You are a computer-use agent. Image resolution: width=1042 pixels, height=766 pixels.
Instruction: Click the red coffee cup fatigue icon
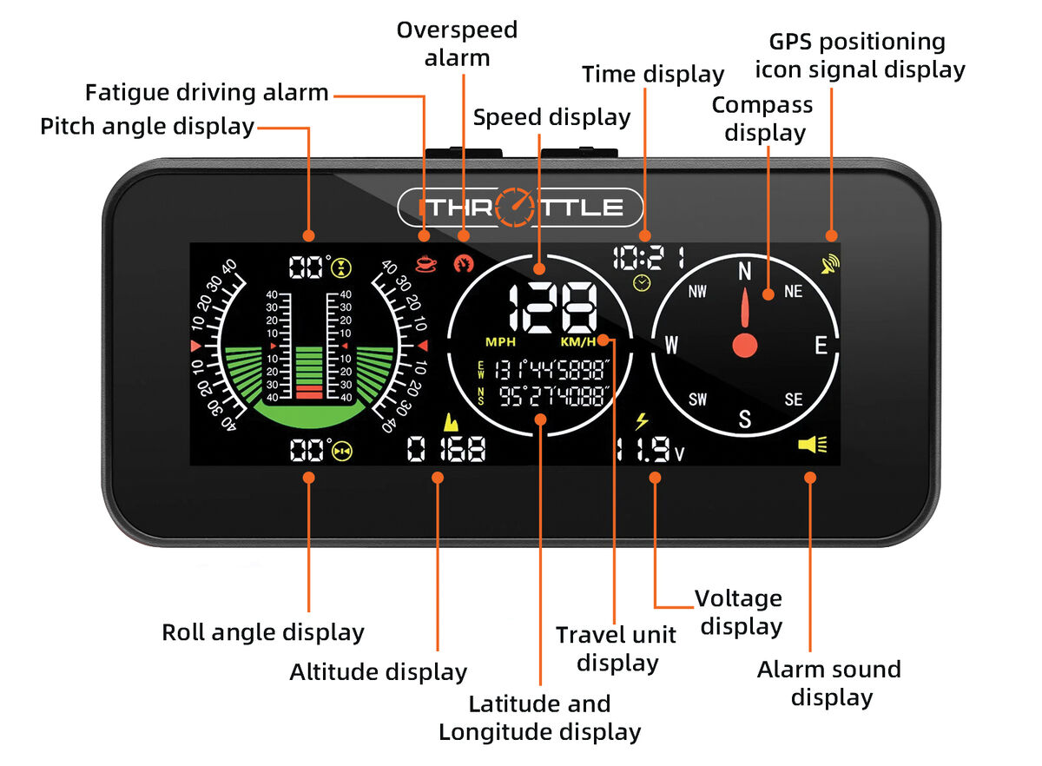point(426,264)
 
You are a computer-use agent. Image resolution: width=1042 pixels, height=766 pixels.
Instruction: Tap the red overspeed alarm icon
point(464,264)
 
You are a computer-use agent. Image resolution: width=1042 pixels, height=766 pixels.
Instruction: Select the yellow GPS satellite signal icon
point(830,264)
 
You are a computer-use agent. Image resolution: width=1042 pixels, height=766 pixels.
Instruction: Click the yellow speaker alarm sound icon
point(813,445)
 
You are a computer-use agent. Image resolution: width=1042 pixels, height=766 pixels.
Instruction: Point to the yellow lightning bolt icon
point(642,421)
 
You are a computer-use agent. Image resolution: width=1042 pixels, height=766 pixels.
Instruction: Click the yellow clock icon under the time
point(642,283)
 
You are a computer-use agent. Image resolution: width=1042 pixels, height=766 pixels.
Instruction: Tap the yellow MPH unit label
point(500,342)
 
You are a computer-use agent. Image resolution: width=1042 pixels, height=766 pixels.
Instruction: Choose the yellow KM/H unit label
point(578,342)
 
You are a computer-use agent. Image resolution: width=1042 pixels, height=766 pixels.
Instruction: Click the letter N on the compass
point(745,271)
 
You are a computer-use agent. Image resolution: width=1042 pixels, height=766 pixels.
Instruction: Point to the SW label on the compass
point(698,400)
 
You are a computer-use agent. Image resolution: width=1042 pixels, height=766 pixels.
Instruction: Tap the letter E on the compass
point(821,346)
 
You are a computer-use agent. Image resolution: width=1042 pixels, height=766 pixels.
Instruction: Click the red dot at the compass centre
point(745,346)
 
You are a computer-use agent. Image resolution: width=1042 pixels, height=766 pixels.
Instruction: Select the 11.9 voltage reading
point(650,449)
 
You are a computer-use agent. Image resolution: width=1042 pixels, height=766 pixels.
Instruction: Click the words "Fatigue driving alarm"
point(207,93)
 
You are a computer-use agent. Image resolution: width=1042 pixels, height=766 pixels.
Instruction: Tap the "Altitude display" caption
point(379,672)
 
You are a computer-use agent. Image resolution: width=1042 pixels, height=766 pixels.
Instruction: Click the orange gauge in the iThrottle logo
point(515,208)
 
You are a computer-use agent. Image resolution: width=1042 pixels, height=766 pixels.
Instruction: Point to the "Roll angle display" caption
point(263,633)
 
